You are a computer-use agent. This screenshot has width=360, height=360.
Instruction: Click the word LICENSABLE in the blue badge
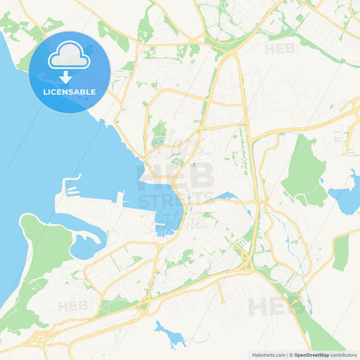(x=70, y=91)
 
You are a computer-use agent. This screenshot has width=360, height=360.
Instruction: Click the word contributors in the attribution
(x=344, y=355)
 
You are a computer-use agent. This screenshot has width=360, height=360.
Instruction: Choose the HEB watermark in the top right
(x=280, y=49)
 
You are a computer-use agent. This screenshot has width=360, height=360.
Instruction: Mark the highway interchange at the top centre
(x=230, y=49)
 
